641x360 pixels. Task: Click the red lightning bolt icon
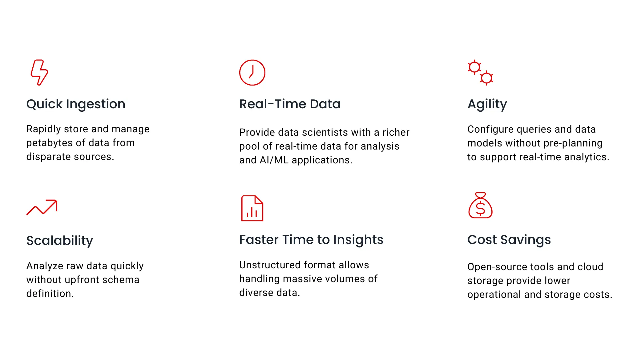click(x=39, y=72)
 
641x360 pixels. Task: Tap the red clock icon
click(x=252, y=73)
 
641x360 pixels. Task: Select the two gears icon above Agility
click(x=481, y=73)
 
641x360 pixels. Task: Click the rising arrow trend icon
click(x=42, y=207)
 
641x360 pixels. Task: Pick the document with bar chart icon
click(x=252, y=208)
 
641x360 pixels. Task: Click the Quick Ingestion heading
click(x=76, y=104)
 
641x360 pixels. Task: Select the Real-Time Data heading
click(x=290, y=104)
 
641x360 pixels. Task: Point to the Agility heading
click(x=487, y=104)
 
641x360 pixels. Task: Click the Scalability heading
click(x=60, y=240)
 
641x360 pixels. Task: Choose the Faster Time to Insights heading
click(x=311, y=240)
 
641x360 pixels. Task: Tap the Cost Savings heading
click(x=509, y=240)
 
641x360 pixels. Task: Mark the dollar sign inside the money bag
click(x=480, y=208)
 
